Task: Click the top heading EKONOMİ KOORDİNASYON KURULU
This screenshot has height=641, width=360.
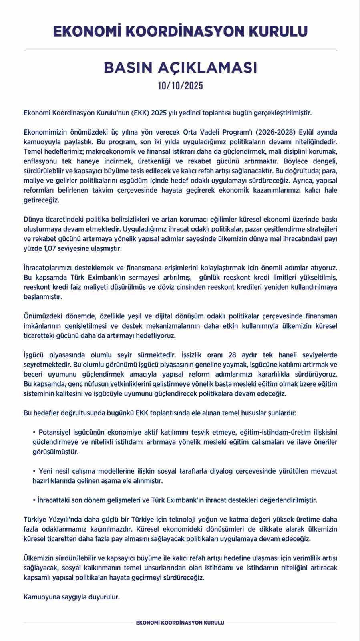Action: pyautogui.click(x=180, y=32)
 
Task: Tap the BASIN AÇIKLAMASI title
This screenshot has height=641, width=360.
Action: pyautogui.click(x=180, y=68)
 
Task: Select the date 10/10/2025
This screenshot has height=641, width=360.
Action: pyautogui.click(x=180, y=86)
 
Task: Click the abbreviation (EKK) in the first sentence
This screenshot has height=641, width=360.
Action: pyautogui.click(x=140, y=113)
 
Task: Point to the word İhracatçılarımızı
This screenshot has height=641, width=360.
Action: pyautogui.click(x=48, y=268)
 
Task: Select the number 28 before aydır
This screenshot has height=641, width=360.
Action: pyautogui.click(x=232, y=355)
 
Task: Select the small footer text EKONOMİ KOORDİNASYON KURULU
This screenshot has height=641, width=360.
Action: pyautogui.click(x=180, y=623)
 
